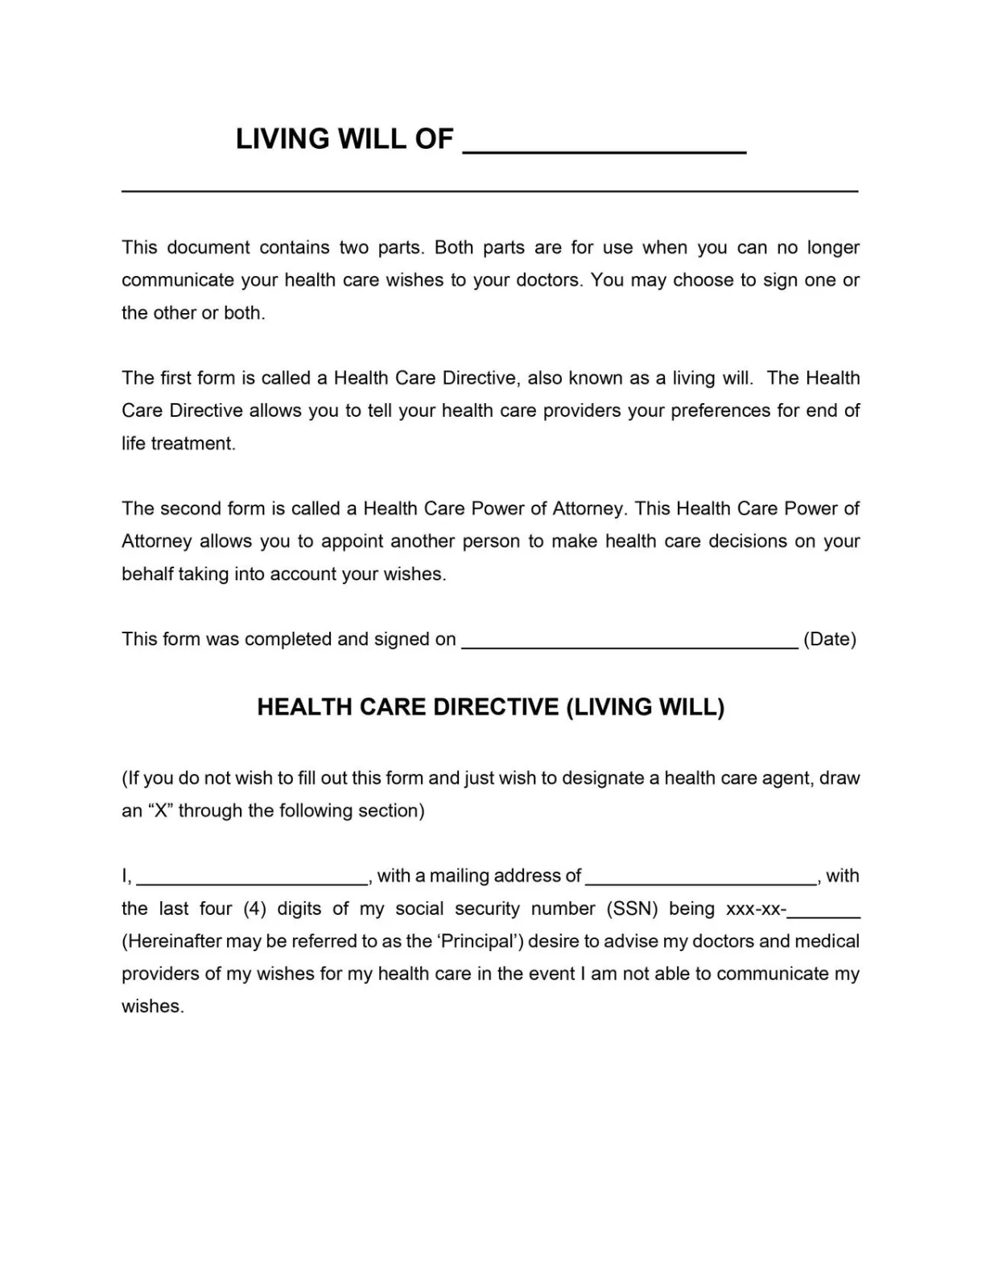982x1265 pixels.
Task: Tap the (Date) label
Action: click(830, 639)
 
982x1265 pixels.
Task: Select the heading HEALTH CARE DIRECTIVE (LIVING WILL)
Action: click(490, 707)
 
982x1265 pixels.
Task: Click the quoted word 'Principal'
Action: click(478, 941)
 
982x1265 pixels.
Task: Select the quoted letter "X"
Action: click(159, 810)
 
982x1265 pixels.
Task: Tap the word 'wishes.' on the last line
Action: click(153, 1007)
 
